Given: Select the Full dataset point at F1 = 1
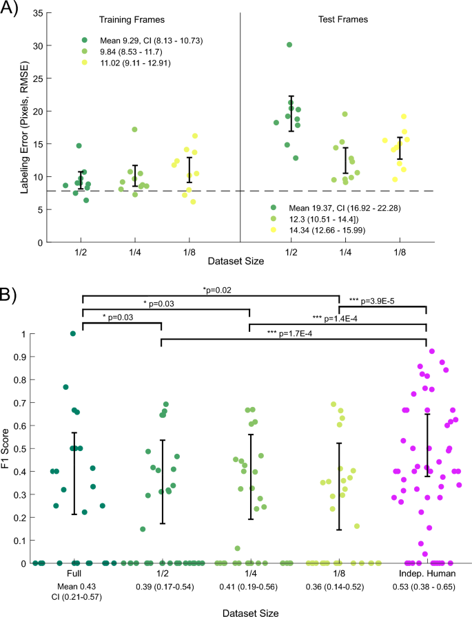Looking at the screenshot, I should (73, 334).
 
